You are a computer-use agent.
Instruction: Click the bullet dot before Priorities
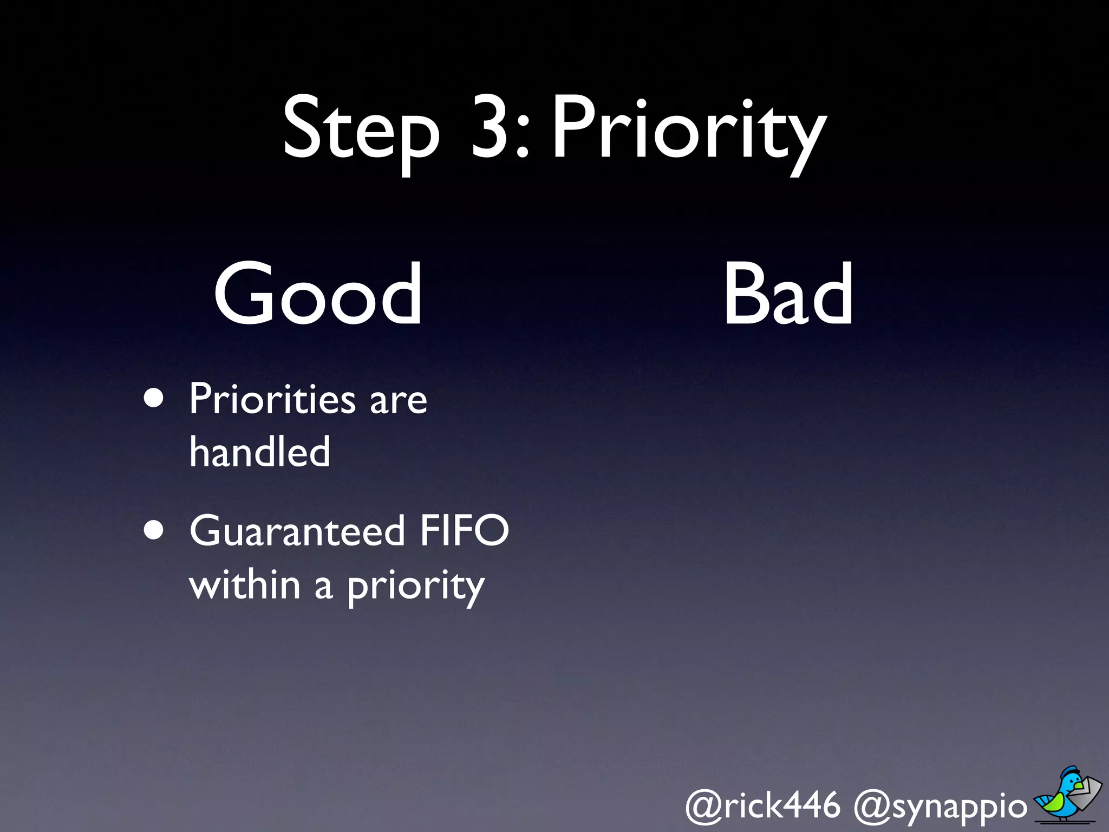(154, 399)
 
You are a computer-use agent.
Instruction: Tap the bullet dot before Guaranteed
(154, 531)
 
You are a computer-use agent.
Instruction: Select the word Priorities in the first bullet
(272, 399)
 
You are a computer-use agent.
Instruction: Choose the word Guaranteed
(297, 531)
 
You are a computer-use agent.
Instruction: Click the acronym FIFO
(465, 531)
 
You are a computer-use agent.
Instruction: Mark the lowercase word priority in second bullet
(415, 587)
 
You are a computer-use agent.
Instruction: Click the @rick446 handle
(762, 805)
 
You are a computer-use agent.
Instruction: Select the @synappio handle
(940, 807)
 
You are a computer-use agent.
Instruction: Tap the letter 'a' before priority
(323, 587)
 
